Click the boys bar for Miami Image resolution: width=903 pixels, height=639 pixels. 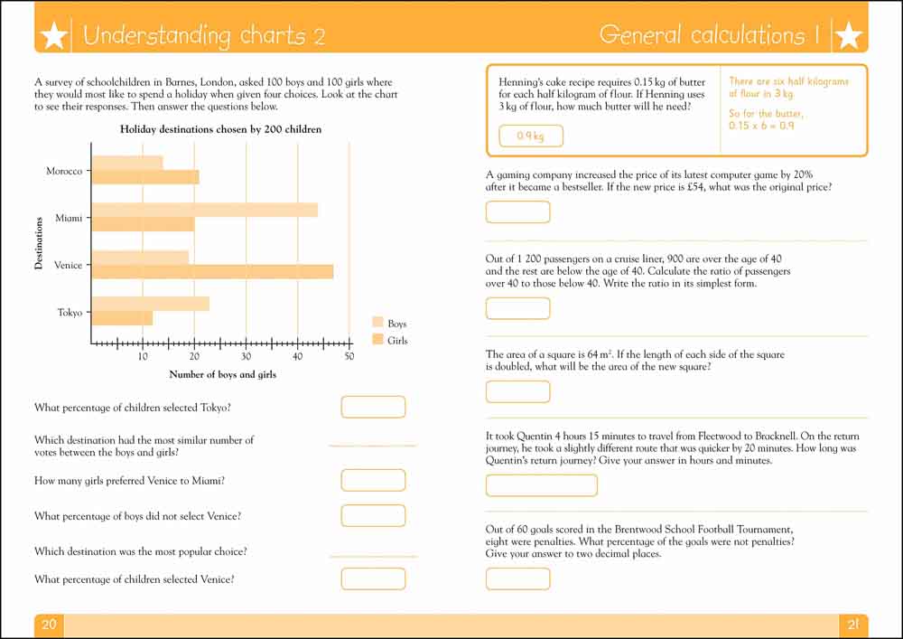[x=205, y=210]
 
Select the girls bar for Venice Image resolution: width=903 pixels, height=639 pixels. [x=212, y=272]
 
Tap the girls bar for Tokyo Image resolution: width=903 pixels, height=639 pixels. [x=123, y=318]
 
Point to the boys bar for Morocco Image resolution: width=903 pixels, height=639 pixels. [x=127, y=163]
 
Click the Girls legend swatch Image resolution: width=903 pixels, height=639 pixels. [x=377, y=339]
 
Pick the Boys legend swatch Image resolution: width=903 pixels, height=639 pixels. [x=377, y=322]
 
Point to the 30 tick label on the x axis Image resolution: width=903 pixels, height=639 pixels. [x=246, y=356]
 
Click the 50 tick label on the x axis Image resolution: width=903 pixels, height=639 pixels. [x=349, y=356]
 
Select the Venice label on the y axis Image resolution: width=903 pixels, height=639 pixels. [x=68, y=265]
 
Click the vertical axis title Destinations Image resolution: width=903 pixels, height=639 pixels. [x=39, y=243]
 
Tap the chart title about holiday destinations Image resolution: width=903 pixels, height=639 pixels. [x=220, y=129]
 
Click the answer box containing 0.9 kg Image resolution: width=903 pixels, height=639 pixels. [x=531, y=136]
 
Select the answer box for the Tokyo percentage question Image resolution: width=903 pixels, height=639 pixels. [x=373, y=407]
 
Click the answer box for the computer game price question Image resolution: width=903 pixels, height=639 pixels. [x=517, y=212]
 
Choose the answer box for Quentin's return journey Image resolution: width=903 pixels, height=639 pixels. [x=541, y=485]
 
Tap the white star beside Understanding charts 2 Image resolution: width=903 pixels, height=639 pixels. [x=54, y=36]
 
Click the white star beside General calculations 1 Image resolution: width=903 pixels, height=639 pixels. [x=848, y=36]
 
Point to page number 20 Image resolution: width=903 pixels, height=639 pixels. [x=49, y=624]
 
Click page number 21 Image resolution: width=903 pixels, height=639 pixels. [x=853, y=624]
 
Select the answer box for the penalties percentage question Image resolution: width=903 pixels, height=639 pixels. [x=517, y=578]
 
